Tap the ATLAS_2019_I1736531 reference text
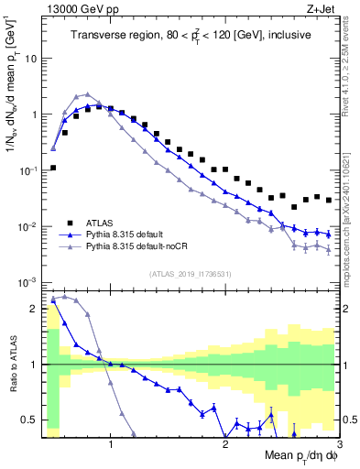click(x=190, y=274)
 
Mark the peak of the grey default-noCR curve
click(x=87, y=94)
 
